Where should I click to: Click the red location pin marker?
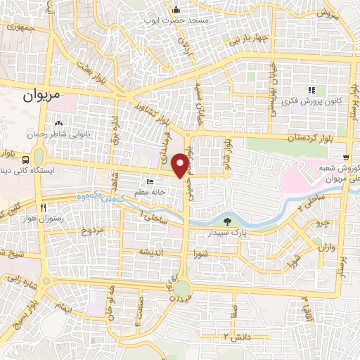pos(181,164)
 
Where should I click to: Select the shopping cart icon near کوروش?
pos(346,157)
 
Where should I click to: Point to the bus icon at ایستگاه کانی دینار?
pos(26,159)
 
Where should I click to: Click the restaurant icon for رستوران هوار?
pos(44,208)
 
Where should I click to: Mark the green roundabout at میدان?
pos(183,288)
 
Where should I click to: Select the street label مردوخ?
pos(92,230)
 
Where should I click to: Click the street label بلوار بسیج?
pos(24,313)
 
